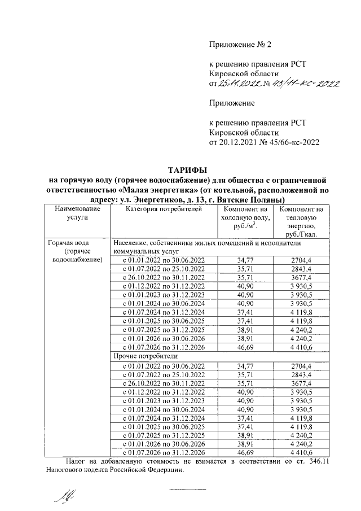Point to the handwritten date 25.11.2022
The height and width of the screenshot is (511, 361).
[x=237, y=84]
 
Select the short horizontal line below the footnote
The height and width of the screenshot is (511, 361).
[x=188, y=487]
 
